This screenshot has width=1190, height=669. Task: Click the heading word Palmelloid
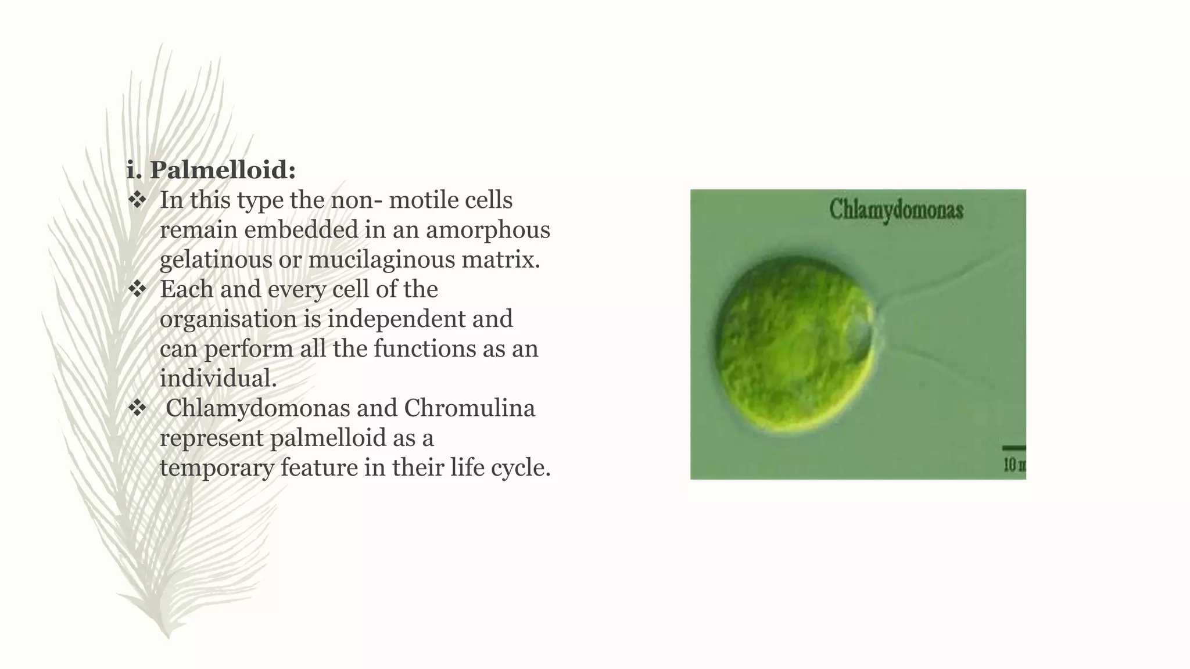(222, 170)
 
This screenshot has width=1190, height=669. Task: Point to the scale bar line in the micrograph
(1014, 448)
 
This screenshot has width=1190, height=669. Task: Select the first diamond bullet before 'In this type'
(138, 200)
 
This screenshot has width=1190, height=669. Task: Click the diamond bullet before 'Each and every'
(138, 289)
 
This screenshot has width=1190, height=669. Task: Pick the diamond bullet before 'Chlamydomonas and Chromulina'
(138, 408)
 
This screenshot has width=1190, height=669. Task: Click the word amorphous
(488, 230)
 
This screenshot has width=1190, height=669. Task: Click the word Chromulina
(469, 408)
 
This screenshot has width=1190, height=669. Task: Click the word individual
(218, 379)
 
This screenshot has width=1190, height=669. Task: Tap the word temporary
(217, 467)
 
